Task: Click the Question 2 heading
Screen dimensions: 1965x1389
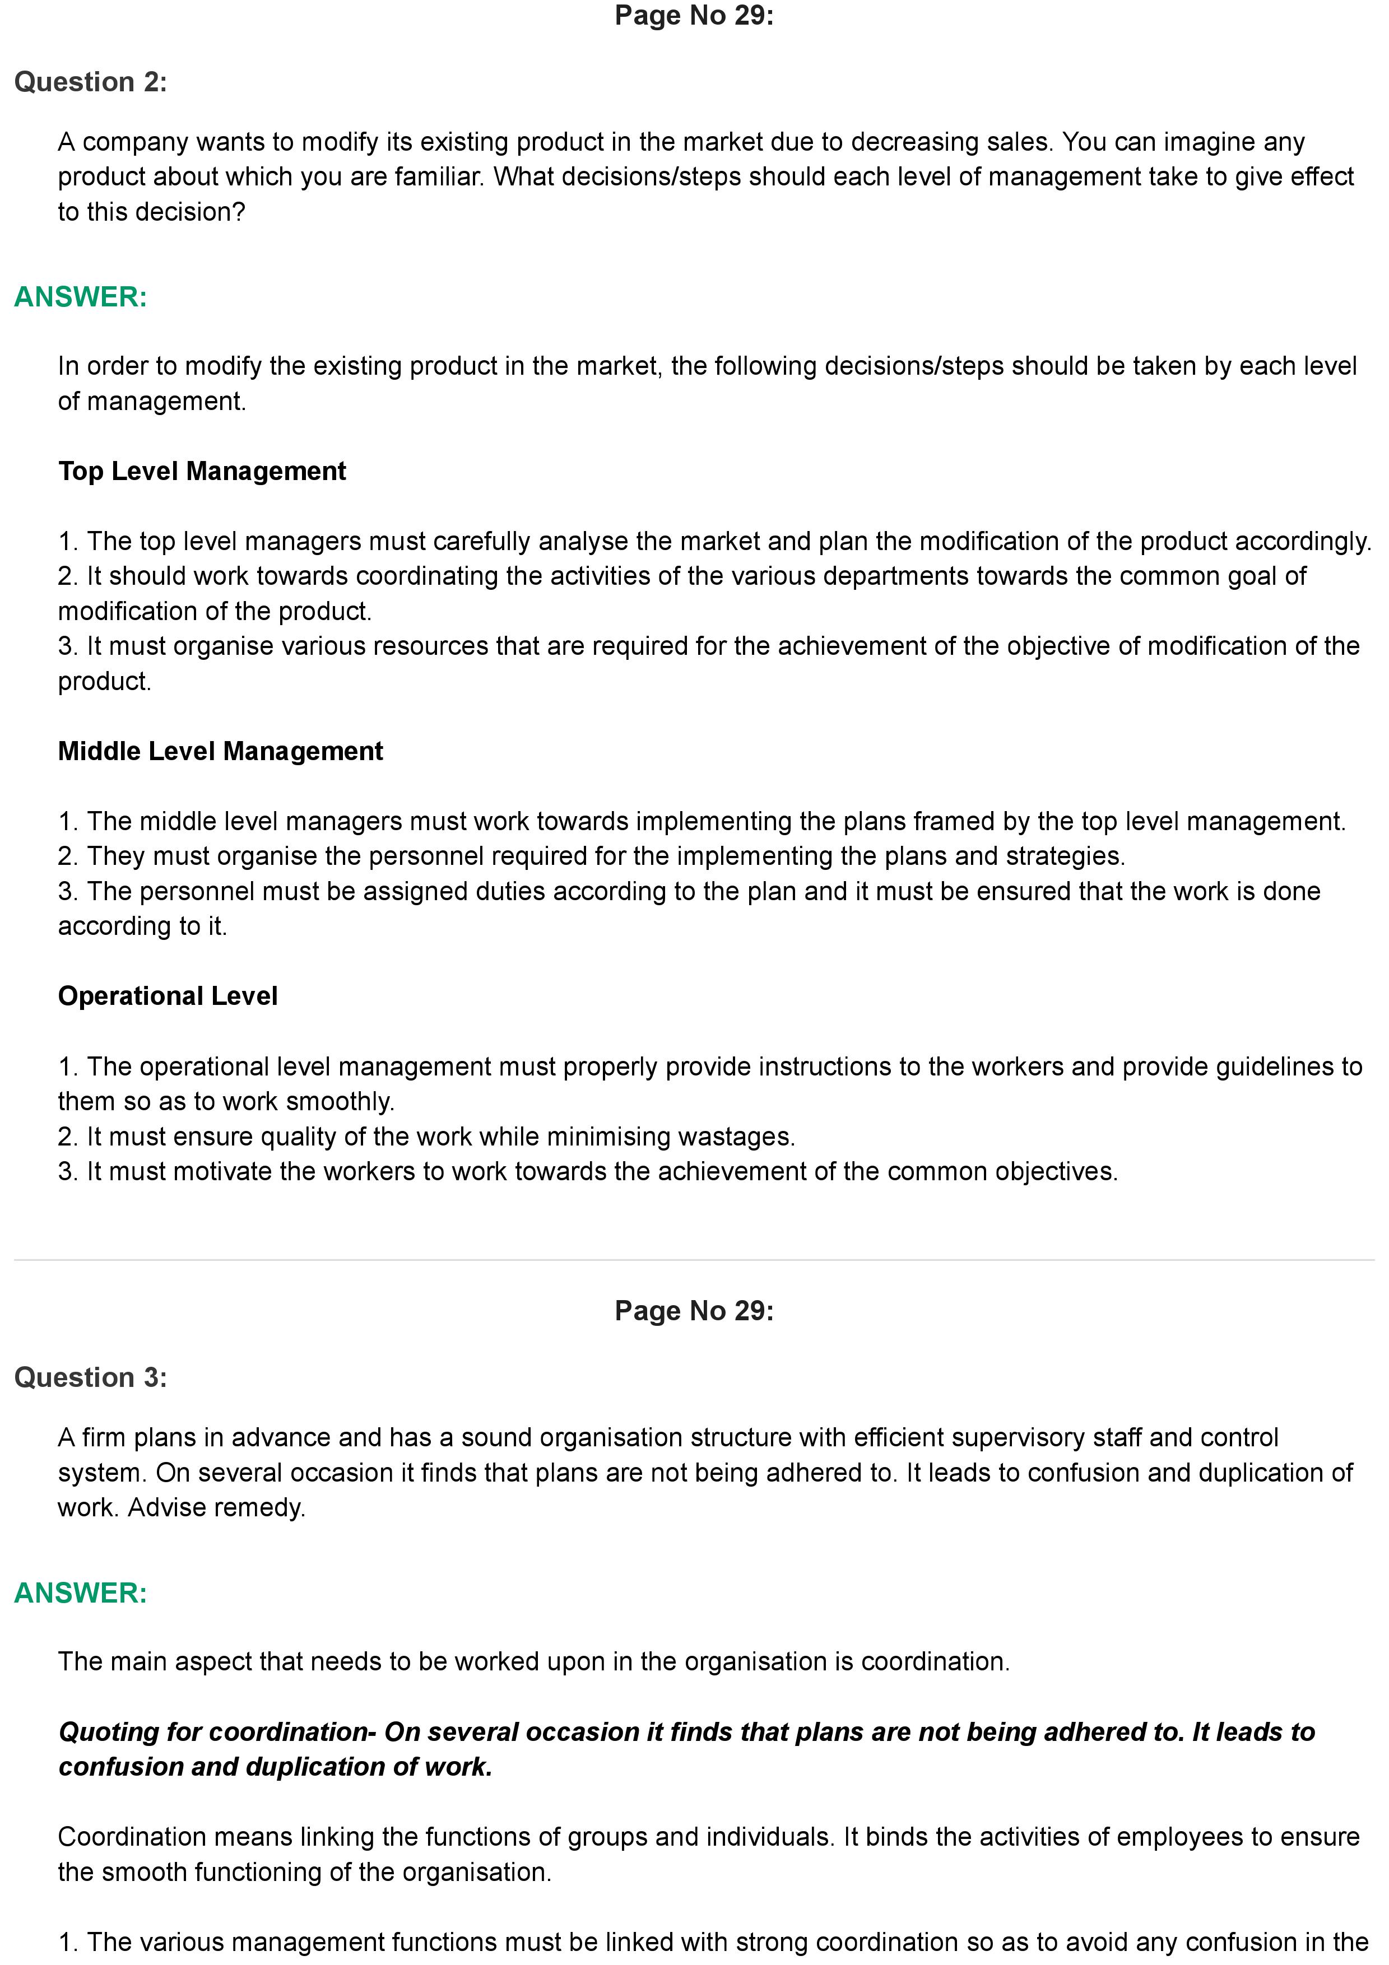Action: point(91,82)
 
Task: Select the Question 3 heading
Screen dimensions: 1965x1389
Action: point(91,1377)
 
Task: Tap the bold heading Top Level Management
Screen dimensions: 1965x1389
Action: point(202,472)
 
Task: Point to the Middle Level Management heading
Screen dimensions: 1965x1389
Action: point(220,751)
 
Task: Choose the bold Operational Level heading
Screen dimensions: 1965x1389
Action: point(168,996)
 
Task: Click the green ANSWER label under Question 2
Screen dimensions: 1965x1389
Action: point(81,297)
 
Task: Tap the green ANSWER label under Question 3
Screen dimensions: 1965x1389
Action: point(81,1593)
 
